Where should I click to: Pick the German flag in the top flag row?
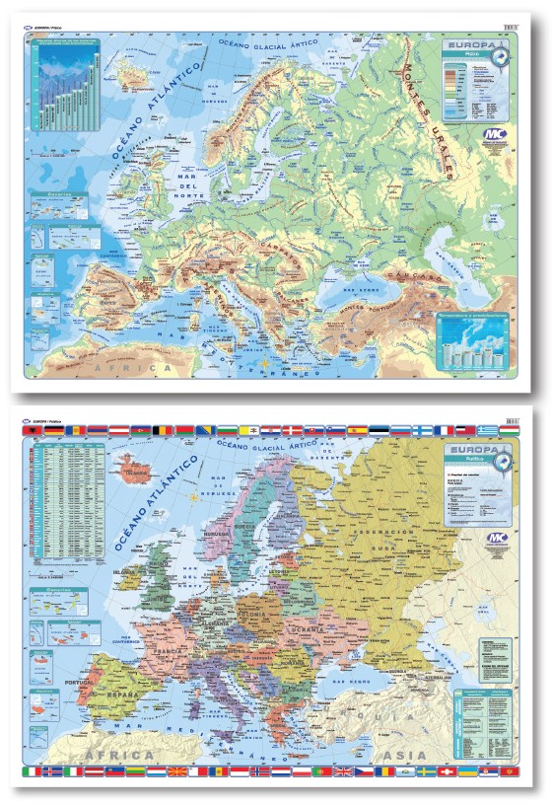point(52,431)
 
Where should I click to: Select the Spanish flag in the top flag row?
point(376,431)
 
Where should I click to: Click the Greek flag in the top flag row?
point(486,431)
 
